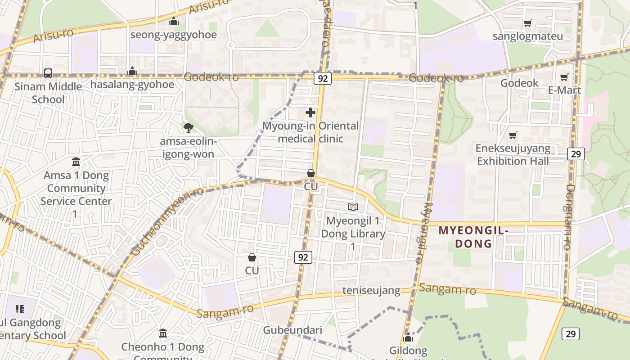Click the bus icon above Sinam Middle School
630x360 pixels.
pos(48,73)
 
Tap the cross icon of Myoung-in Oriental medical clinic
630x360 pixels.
pos(310,112)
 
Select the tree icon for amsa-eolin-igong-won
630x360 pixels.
pos(189,128)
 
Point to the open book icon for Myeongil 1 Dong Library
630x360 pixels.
pos(353,207)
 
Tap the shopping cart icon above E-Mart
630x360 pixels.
pos(564,77)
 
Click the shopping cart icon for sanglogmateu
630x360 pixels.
pos(528,23)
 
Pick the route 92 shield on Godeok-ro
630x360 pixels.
pos(323,79)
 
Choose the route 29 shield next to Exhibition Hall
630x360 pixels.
pos(576,154)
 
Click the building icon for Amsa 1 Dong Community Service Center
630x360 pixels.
pos(76,162)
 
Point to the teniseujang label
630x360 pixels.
pos(371,290)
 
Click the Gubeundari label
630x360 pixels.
pos(292,330)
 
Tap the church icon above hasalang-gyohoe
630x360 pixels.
pos(132,71)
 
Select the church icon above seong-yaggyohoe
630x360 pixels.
pos(174,21)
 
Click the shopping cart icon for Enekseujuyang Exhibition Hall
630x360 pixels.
pos(513,135)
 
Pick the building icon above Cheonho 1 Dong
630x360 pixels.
pos(163,333)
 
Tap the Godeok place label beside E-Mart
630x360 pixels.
pos(519,83)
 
